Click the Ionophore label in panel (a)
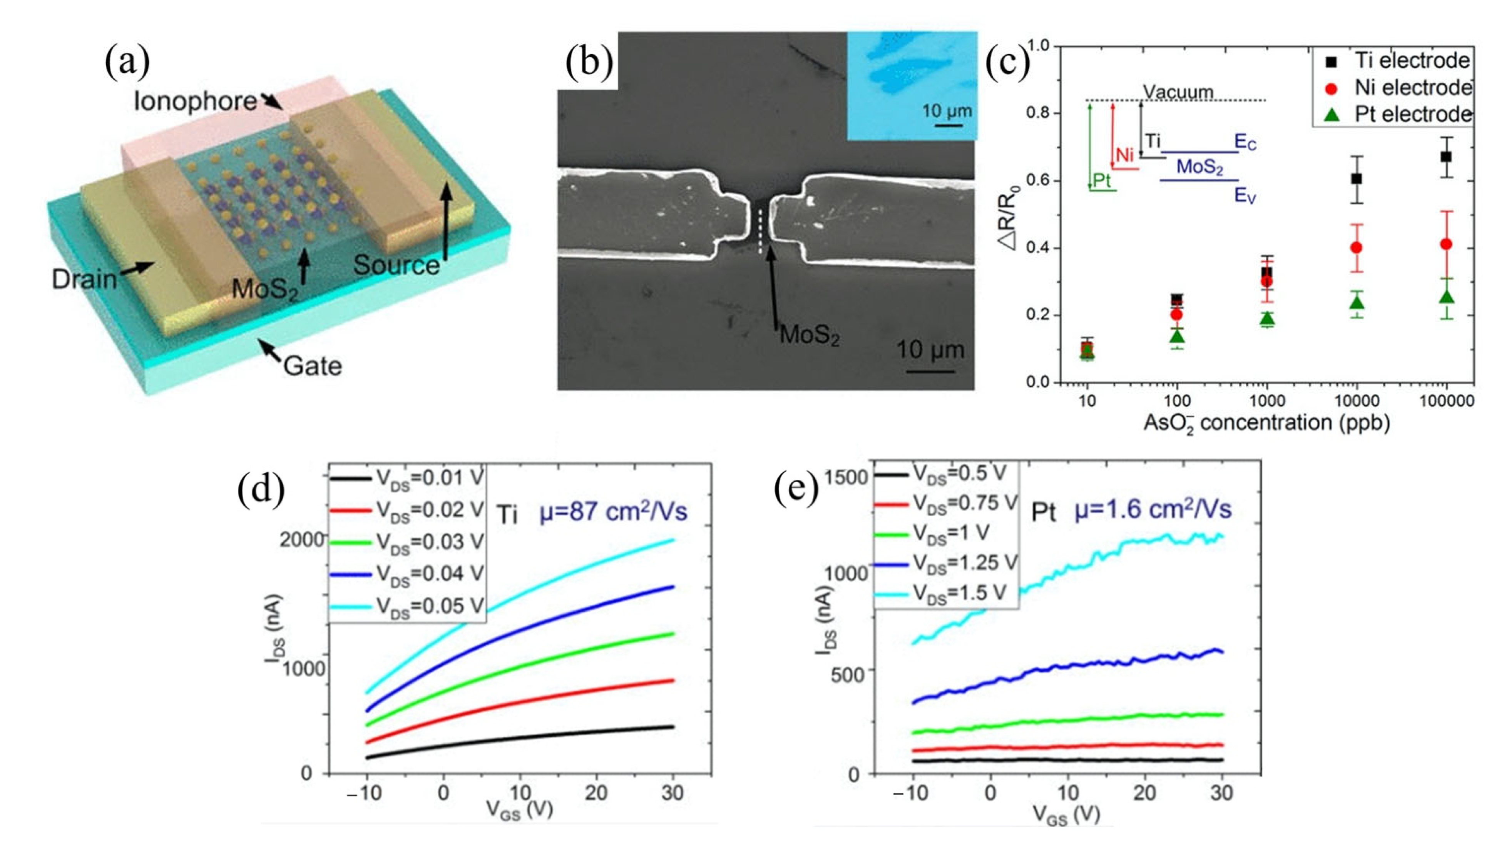[x=195, y=101]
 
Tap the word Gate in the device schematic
[x=313, y=367]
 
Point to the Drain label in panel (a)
[x=84, y=279]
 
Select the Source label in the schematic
[x=396, y=265]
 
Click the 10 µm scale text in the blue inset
[x=947, y=111]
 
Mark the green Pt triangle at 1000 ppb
[x=1266, y=319]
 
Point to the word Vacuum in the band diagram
[x=1178, y=92]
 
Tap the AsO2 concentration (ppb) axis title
[x=1266, y=422]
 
